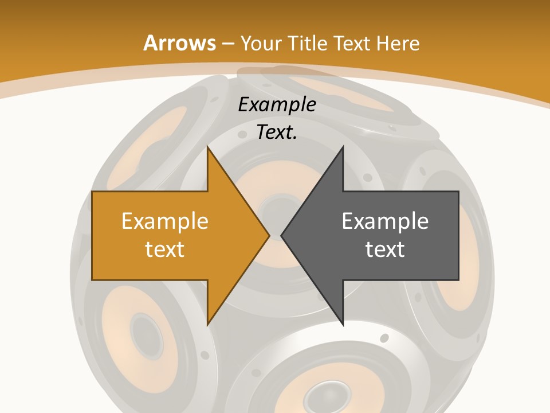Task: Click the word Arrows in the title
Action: point(179,43)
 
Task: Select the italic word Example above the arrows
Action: point(277,105)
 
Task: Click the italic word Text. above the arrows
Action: point(277,133)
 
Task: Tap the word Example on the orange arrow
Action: point(165,221)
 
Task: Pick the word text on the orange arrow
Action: point(165,250)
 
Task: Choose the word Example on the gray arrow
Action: point(385,221)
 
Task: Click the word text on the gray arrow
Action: point(385,250)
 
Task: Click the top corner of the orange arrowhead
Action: point(208,147)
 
